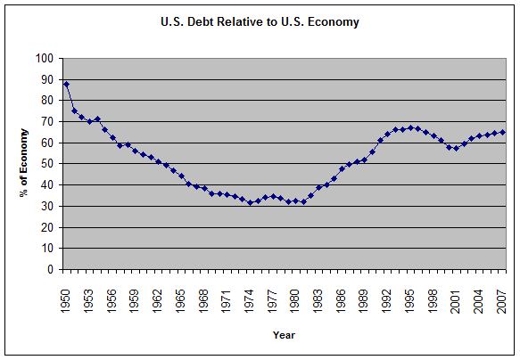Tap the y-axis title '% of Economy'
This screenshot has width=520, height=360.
click(x=26, y=164)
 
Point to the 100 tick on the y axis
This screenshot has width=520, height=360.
click(x=45, y=59)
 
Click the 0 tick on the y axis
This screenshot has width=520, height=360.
click(x=50, y=269)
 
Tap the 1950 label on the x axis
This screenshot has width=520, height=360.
click(x=66, y=291)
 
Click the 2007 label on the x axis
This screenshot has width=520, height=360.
click(x=503, y=291)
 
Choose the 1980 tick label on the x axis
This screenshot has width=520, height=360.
click(x=296, y=291)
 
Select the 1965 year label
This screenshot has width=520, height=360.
click(x=181, y=291)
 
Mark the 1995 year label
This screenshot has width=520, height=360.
click(x=411, y=291)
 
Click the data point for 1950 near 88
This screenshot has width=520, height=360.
click(x=66, y=85)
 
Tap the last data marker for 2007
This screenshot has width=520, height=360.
click(x=503, y=132)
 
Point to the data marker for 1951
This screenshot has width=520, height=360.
click(x=74, y=110)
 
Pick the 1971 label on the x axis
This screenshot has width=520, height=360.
click(x=227, y=291)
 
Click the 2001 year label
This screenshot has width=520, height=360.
click(x=457, y=291)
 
